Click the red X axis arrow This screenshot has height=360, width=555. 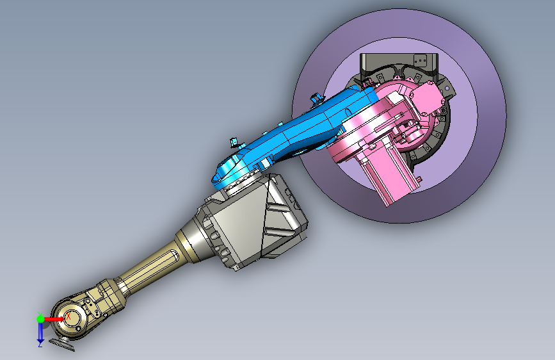[x=54, y=319]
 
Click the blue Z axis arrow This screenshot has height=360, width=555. [x=41, y=332]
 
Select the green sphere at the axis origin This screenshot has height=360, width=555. [x=41, y=319]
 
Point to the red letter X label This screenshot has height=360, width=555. [x=68, y=316]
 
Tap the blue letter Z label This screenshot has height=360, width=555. [x=40, y=344]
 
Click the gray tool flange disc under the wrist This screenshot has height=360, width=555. [x=62, y=345]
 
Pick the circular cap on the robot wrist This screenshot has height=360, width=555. [x=69, y=318]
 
